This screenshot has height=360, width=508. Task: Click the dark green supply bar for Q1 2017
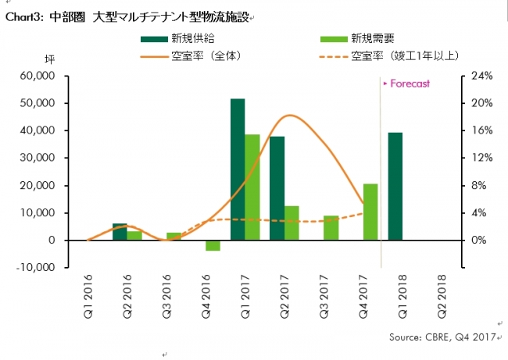(x=238, y=169)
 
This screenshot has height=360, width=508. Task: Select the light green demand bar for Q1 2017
(x=252, y=187)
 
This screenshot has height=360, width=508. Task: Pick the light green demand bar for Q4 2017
(x=370, y=212)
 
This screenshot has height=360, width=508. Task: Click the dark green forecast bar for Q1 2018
(x=395, y=186)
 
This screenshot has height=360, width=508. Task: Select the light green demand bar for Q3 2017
(x=331, y=227)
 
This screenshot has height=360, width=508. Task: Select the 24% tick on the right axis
(x=479, y=76)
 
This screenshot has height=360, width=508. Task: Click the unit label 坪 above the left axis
(x=48, y=59)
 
